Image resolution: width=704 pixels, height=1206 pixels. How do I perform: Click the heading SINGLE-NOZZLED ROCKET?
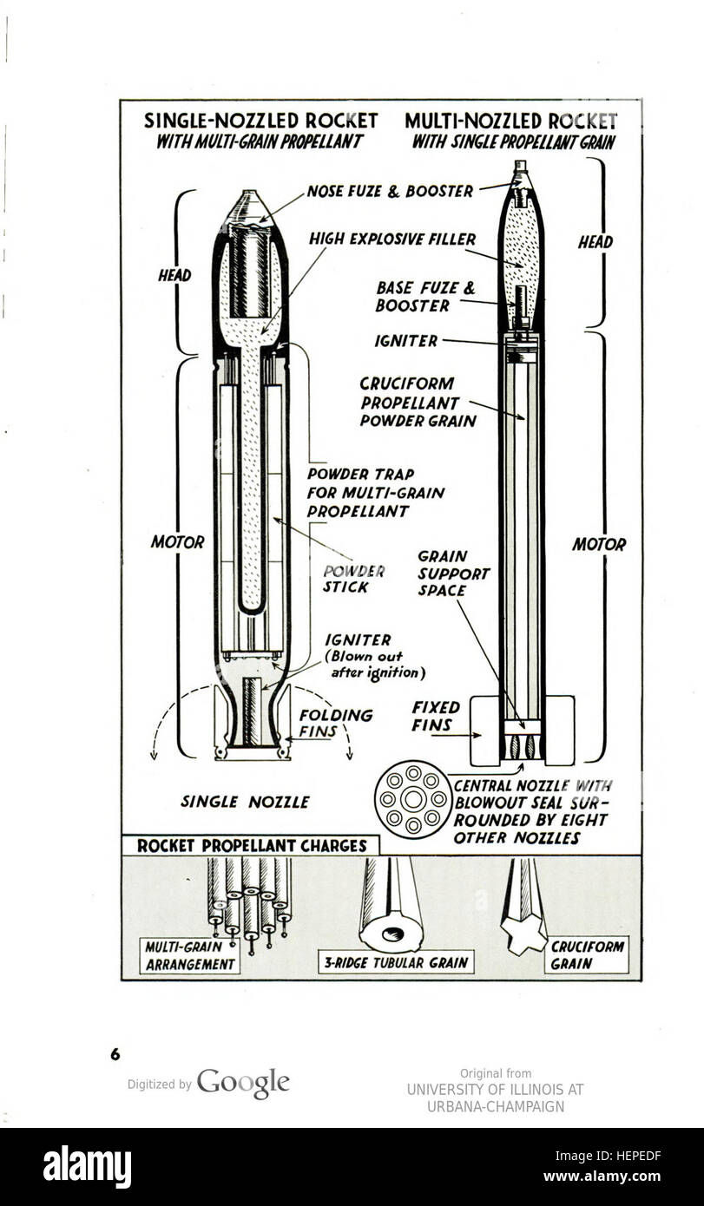pos(260,121)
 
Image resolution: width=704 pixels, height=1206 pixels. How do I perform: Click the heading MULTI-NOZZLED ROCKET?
pos(510,121)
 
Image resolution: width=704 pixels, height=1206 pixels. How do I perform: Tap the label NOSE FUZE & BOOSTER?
pos(390,192)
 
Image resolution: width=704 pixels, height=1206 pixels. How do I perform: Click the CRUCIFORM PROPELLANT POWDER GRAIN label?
pos(418,402)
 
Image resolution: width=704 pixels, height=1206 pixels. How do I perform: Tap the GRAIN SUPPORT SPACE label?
pos(453,573)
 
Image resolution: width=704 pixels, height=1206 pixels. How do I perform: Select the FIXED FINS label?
pos(435,716)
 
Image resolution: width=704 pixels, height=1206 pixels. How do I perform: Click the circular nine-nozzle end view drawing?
pos(412,799)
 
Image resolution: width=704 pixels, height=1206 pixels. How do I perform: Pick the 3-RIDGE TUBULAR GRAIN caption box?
pos(396,962)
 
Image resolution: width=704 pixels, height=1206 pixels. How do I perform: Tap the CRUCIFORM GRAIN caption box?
pos(588,954)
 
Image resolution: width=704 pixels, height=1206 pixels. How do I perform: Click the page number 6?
pos(115,1054)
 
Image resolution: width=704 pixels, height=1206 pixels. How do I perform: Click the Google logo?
pos(243,1083)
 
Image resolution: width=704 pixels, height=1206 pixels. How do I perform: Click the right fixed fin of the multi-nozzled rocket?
pos(560,729)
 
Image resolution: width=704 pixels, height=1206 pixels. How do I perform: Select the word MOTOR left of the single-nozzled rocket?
pos(177,542)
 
